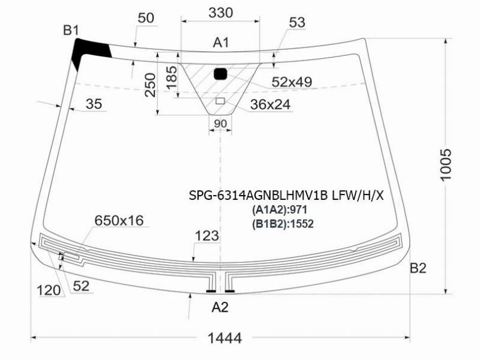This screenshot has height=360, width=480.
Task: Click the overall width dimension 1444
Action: coord(224,338)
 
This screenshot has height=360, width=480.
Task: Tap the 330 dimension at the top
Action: coord(221,13)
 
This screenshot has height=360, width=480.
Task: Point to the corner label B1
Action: coord(71,31)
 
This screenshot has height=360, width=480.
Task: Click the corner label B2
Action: coord(418,268)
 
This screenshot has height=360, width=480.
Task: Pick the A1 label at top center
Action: coord(221,43)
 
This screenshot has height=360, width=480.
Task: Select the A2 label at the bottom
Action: coord(220,307)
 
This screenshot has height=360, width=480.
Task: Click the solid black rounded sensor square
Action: coord(220,74)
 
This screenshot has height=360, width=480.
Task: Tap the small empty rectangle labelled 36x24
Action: coord(220,101)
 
